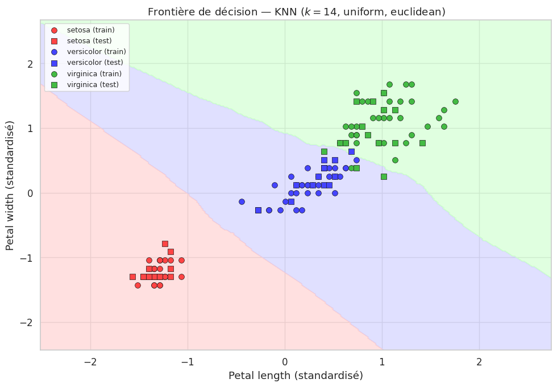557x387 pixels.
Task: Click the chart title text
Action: click(x=296, y=12)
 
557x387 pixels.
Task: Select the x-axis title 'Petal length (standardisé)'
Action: click(x=296, y=376)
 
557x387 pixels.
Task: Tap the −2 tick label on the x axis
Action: click(x=90, y=362)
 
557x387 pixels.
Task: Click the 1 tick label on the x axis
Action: click(x=382, y=362)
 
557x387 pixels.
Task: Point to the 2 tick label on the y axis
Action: click(x=30, y=64)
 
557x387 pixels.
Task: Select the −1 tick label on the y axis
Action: click(x=27, y=258)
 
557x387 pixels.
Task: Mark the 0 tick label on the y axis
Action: click(x=30, y=193)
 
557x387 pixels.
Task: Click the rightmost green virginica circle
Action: click(x=455, y=101)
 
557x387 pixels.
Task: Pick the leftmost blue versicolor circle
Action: click(x=242, y=201)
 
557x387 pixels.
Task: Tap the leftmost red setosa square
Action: click(x=132, y=277)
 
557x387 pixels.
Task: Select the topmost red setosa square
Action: click(x=165, y=244)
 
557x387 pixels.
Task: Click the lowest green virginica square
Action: click(x=384, y=176)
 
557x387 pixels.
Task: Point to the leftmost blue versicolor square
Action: click(x=258, y=210)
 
